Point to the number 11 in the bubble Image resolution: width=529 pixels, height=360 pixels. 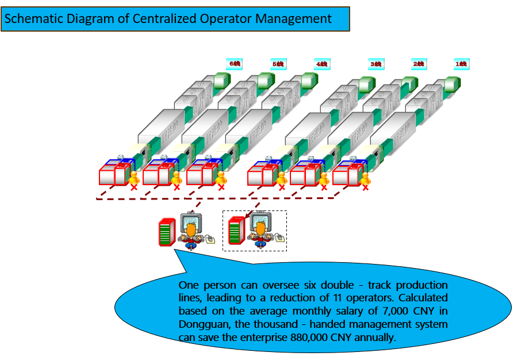[x=338, y=298]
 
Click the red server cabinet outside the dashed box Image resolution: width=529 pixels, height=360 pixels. [x=166, y=232]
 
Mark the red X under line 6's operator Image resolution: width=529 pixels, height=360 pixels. [x=134, y=187]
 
